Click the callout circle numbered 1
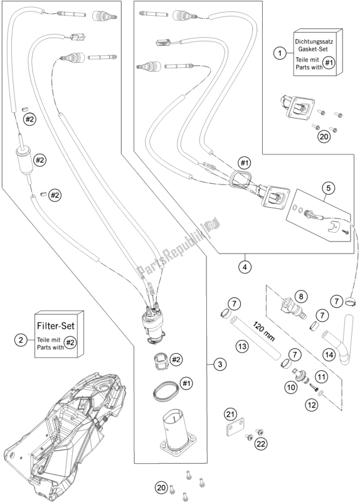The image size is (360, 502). point(280,53)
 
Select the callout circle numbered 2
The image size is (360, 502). point(21,339)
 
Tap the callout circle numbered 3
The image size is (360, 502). point(220,365)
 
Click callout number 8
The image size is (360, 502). point(301,296)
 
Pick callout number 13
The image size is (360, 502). point(242,346)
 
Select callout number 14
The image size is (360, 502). point(330,355)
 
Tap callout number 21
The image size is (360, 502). point(229,415)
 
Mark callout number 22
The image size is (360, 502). point(261,444)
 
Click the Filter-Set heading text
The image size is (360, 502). point(56,326)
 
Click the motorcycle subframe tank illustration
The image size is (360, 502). point(64,435)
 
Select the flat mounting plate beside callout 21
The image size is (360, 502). point(235,429)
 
